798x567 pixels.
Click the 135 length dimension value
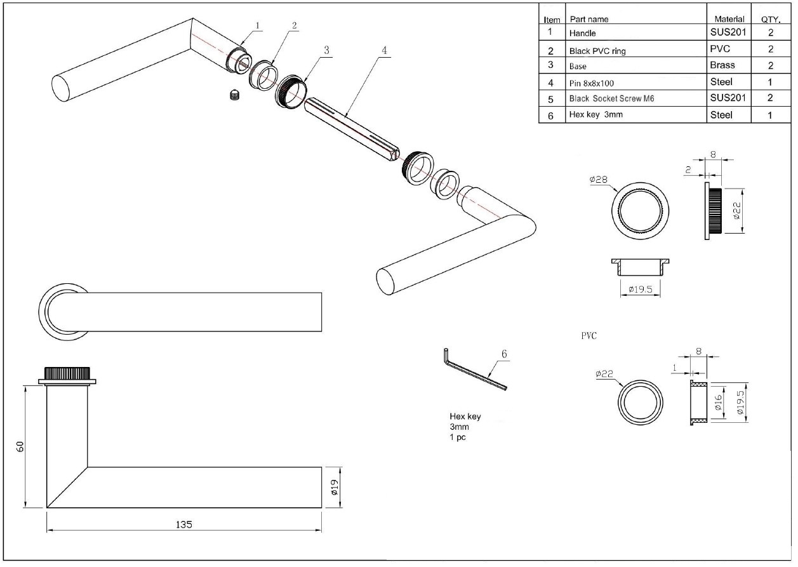tap(184, 524)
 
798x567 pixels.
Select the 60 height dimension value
tap(20, 446)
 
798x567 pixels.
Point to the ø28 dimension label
tap(598, 180)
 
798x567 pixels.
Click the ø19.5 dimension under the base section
tap(640, 290)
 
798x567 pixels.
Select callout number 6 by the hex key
tap(505, 354)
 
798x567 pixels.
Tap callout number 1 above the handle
tap(258, 25)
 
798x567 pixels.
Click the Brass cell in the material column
tap(723, 65)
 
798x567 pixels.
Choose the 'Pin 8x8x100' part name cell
tap(592, 83)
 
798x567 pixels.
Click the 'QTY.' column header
tap(770, 19)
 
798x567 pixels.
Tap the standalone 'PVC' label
tap(589, 336)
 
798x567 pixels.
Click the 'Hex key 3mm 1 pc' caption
tap(465, 427)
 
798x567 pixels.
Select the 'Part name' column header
tap(589, 19)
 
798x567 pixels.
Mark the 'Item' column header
tap(552, 20)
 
